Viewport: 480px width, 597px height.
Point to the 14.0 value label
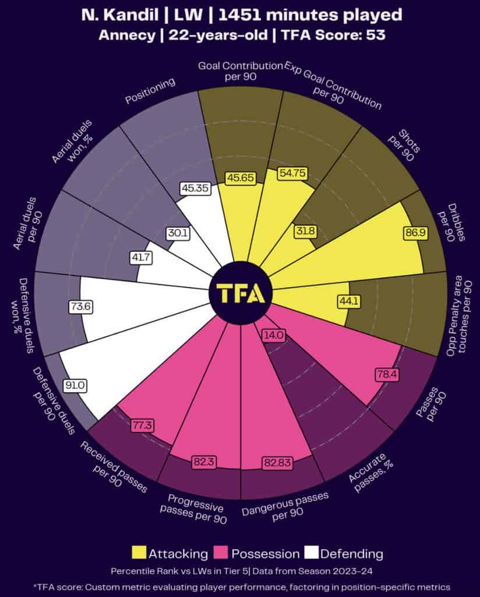pos(273,335)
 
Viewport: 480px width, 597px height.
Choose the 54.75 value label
pos(292,173)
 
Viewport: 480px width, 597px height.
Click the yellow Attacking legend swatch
pos(140,553)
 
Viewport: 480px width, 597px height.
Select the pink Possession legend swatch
pos(223,553)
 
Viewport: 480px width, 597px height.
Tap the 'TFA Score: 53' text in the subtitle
pos(333,35)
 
